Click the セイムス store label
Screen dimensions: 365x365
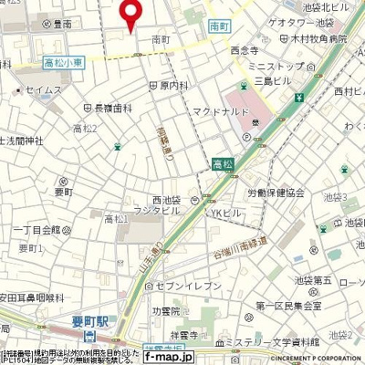45,89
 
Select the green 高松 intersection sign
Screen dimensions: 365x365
222,163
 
